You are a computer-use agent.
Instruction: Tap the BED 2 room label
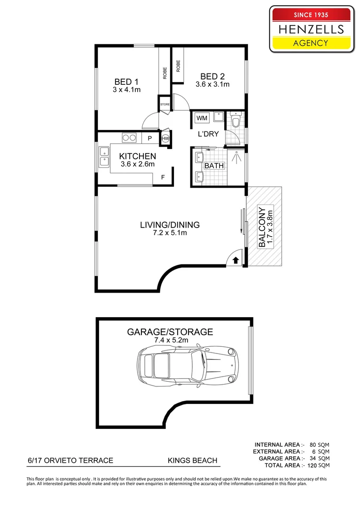click(212, 76)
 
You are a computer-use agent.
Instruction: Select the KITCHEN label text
click(137, 156)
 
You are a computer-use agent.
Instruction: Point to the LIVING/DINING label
click(170, 225)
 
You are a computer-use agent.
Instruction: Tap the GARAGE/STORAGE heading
click(170, 332)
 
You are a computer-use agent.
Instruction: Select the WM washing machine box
click(202, 118)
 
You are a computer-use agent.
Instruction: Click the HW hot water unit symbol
click(165, 139)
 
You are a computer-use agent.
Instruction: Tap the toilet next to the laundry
click(236, 121)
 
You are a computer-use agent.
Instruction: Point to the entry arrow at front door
click(235, 259)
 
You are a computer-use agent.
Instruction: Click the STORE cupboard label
click(164, 104)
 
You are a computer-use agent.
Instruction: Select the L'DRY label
click(208, 134)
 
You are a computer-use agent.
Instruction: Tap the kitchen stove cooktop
click(130, 138)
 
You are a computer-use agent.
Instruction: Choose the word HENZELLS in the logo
click(311, 29)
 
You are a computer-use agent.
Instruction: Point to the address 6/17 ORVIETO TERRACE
click(69, 460)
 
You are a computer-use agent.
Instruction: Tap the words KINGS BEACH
click(192, 460)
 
